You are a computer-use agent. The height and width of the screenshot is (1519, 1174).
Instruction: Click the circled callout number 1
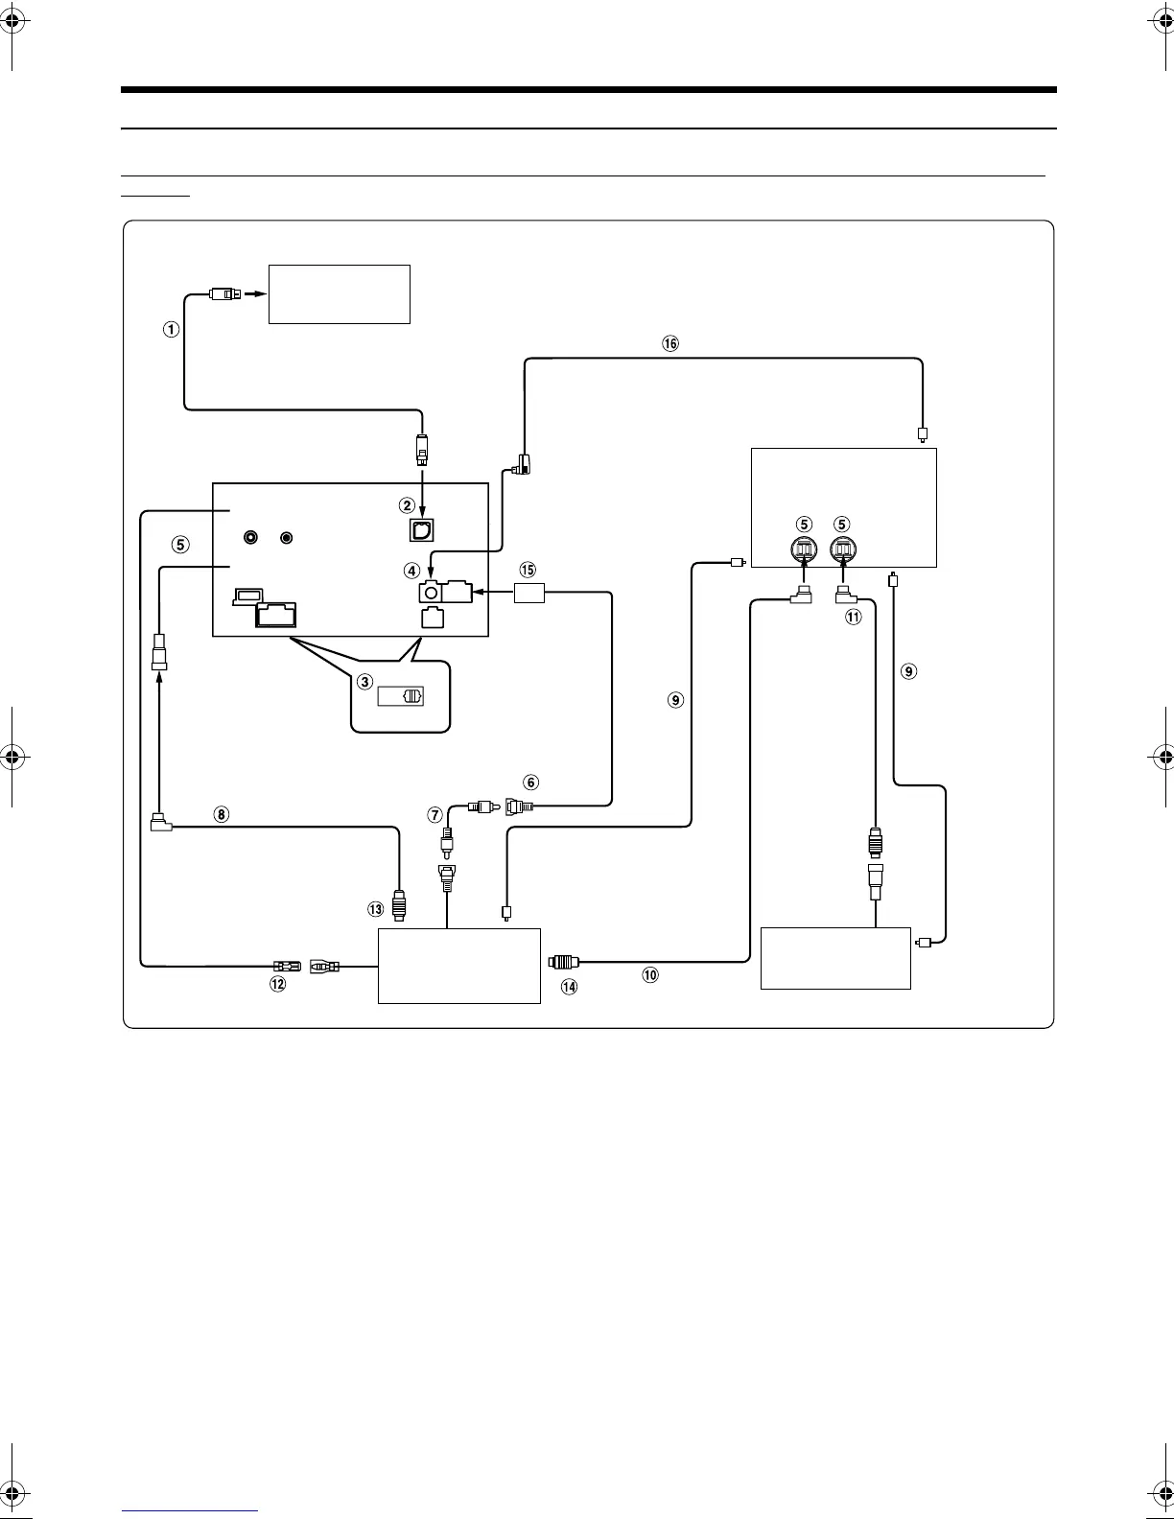(170, 329)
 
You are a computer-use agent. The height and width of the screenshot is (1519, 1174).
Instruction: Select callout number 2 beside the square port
(407, 504)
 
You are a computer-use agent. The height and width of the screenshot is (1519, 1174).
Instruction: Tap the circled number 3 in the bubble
(364, 682)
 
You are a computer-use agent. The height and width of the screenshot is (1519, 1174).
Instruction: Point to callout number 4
(411, 571)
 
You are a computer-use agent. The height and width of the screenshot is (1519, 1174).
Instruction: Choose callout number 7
(435, 814)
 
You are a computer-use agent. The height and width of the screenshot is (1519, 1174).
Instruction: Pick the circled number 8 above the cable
(221, 814)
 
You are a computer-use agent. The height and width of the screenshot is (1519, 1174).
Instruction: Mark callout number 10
(650, 974)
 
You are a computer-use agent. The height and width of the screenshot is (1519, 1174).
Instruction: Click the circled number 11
(853, 618)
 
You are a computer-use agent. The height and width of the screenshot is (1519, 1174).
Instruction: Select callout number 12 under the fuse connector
(277, 985)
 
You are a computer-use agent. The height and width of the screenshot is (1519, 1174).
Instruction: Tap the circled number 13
(377, 908)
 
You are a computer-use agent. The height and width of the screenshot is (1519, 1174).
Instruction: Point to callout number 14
(570, 985)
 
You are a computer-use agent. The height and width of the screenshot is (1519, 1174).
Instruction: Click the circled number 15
(527, 570)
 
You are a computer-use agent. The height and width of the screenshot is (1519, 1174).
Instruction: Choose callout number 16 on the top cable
(670, 343)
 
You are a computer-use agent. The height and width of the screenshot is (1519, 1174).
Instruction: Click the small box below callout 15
(529, 594)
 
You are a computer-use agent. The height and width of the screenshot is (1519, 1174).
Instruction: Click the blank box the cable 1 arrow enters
(340, 294)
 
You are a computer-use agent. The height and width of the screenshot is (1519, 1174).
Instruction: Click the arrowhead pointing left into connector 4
(478, 594)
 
